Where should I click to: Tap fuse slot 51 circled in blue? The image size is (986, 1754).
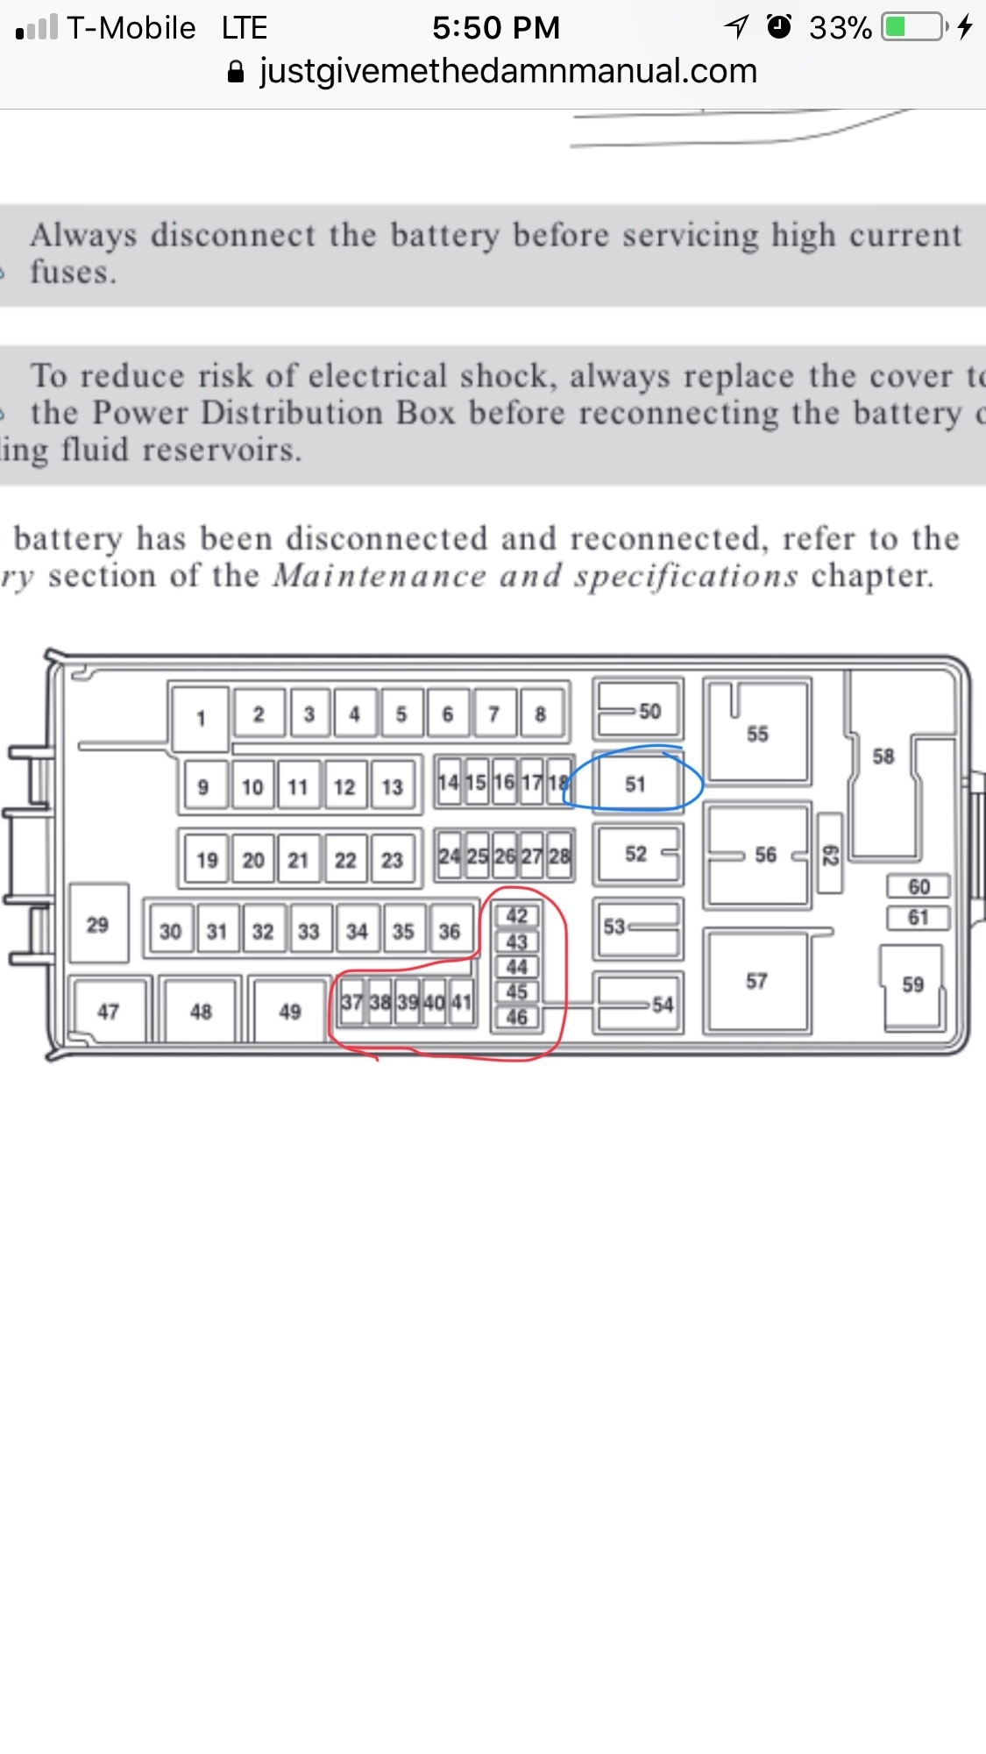coord(635,783)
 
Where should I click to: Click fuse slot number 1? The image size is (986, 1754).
coord(201,719)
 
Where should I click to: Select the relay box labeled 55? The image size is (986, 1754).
coord(758,733)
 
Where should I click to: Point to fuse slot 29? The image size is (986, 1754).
coord(98,924)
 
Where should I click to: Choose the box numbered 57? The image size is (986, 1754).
coord(757,981)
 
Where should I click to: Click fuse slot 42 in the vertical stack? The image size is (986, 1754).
coord(517,916)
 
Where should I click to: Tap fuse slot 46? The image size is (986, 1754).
coord(517,1017)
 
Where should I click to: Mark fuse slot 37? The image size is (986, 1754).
coord(351,1001)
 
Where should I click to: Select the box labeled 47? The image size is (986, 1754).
coord(109,1012)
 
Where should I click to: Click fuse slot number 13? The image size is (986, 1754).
coord(392,786)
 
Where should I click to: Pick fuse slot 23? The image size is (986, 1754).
coord(392,860)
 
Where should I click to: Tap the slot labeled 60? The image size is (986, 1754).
coord(919,886)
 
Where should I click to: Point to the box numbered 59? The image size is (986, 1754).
coord(912,984)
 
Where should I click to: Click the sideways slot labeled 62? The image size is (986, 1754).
coord(830,855)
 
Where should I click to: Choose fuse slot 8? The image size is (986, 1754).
coord(541,714)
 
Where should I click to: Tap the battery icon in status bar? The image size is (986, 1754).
coord(913,27)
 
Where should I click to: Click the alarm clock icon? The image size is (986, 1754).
coord(778,27)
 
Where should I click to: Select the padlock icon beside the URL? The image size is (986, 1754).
coord(235,72)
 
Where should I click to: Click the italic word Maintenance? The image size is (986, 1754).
coord(380,576)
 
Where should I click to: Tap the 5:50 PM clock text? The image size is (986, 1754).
coord(496,28)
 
